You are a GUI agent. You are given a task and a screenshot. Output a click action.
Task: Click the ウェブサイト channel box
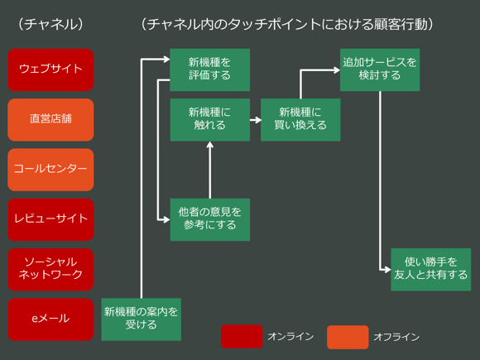click(50, 70)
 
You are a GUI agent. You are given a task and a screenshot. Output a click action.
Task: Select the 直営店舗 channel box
click(50, 119)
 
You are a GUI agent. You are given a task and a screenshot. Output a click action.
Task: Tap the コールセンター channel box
click(50, 169)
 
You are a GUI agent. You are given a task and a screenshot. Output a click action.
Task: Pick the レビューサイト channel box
click(50, 219)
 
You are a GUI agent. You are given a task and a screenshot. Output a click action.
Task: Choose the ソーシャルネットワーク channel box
click(50, 268)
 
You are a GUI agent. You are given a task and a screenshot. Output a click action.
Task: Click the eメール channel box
click(50, 319)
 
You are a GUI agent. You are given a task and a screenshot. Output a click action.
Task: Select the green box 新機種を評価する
click(209, 70)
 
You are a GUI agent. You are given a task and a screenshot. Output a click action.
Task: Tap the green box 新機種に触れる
click(209, 119)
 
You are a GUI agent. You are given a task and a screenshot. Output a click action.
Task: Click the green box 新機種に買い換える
click(300, 119)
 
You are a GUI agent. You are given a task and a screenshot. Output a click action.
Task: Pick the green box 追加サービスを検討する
click(380, 70)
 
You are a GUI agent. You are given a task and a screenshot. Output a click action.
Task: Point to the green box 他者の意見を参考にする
click(209, 219)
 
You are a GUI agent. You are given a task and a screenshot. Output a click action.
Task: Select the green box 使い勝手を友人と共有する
click(430, 269)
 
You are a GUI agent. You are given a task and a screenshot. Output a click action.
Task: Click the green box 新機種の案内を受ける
click(141, 319)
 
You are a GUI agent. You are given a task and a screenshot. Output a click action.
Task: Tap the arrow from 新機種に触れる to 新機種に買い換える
click(255, 120)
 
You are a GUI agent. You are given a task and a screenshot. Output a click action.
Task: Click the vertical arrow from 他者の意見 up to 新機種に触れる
click(210, 170)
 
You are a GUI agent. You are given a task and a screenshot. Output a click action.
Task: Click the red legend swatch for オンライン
click(242, 337)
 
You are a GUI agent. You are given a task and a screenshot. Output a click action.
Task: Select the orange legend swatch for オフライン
click(348, 337)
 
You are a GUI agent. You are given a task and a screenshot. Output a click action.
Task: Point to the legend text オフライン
click(396, 337)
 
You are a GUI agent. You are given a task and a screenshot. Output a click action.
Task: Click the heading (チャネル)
click(50, 24)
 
